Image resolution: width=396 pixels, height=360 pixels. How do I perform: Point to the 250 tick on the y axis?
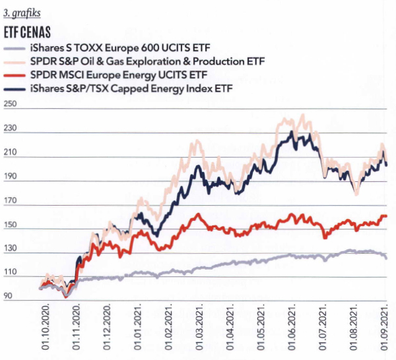click(x=11, y=105)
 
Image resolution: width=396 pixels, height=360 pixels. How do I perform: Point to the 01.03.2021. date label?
click(x=199, y=330)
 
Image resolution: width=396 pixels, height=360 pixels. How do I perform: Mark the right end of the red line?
click(x=386, y=216)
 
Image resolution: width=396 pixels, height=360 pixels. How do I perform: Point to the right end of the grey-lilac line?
click(x=386, y=258)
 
